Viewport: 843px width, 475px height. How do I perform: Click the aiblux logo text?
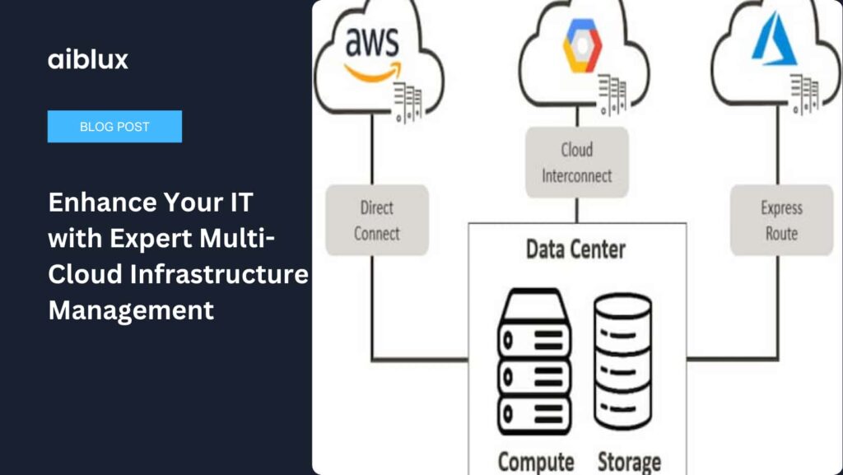[88, 59]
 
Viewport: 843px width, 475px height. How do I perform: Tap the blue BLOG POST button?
[114, 127]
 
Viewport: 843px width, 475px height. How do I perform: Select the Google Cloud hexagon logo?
[582, 49]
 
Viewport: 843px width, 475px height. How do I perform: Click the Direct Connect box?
[376, 220]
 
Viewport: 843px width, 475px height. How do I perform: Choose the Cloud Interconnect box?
[576, 162]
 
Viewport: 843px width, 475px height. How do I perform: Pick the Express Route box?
[780, 220]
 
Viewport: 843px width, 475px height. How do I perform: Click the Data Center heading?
[575, 249]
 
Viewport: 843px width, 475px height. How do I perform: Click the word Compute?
[535, 461]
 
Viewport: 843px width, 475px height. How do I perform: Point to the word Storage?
[629, 461]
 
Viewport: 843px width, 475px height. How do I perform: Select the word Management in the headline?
[131, 310]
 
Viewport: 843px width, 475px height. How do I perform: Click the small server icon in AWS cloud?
[408, 102]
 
